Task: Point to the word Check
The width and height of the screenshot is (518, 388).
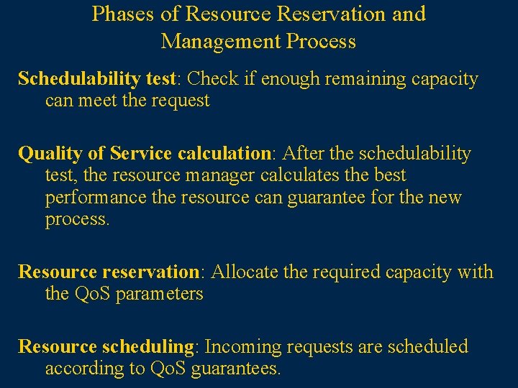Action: [216, 79]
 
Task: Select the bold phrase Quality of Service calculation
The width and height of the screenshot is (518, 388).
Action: [143, 154]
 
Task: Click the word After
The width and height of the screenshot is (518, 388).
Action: [303, 154]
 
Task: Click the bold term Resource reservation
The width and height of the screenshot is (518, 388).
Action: [108, 272]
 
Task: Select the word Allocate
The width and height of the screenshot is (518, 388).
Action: [241, 272]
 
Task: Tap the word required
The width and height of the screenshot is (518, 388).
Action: [344, 272]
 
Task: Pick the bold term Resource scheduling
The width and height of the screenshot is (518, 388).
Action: [106, 347]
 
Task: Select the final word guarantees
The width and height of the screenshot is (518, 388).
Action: [234, 369]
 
